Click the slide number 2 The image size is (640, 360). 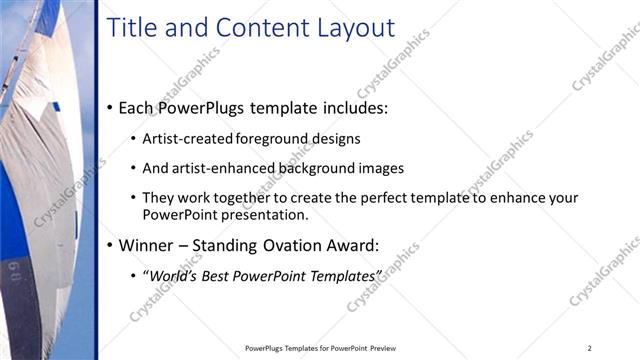point(590,348)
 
